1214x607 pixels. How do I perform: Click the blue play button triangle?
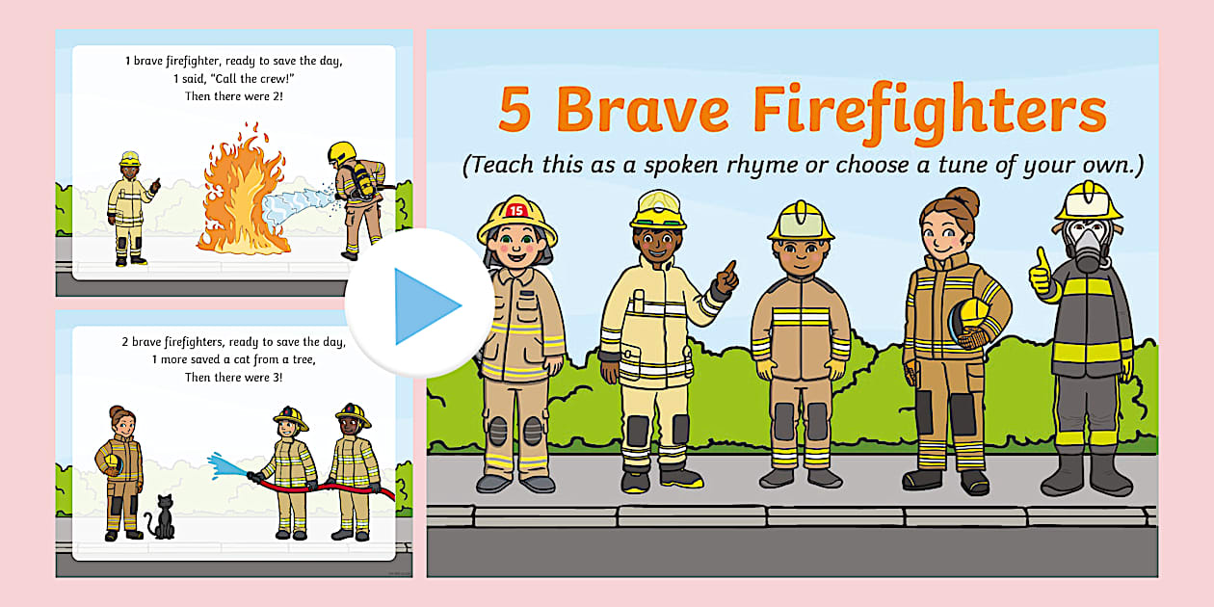(424, 306)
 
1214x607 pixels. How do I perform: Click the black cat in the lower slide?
(162, 520)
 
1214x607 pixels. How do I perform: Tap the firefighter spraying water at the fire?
(359, 198)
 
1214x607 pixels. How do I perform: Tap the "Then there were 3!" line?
(234, 377)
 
